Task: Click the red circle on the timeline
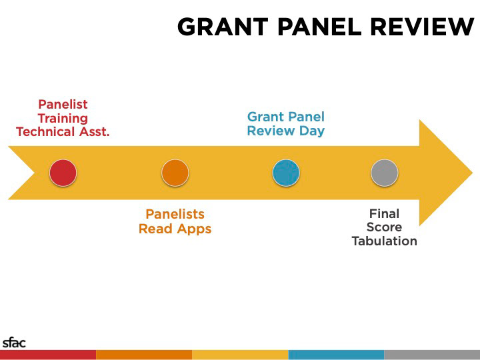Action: click(63, 173)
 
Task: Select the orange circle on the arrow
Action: click(175, 173)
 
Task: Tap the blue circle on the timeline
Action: click(286, 173)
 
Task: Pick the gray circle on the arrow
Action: click(385, 173)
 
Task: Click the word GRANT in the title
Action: click(223, 27)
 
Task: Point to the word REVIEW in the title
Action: click(423, 27)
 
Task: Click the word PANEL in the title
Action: click(319, 27)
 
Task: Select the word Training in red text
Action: click(63, 119)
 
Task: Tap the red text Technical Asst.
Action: click(63, 131)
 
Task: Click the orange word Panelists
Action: click(175, 214)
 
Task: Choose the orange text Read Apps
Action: click(175, 229)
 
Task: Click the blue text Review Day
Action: click(286, 131)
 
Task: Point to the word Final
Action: click(385, 214)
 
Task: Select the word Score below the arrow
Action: click(385, 227)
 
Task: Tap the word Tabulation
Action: click(385, 241)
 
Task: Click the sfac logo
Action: click(14, 343)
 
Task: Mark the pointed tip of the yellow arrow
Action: click(473, 173)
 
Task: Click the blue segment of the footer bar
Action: click(336, 355)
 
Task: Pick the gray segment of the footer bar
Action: click(432, 355)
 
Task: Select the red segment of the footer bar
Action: click(48, 355)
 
